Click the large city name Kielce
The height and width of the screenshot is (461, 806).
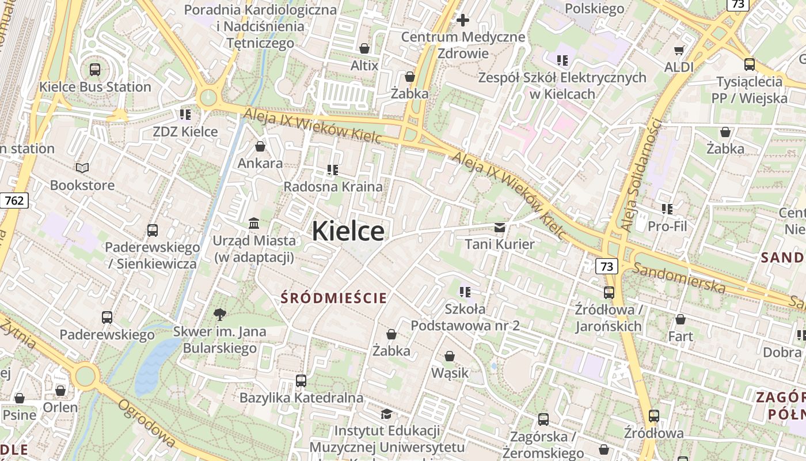tap(348, 232)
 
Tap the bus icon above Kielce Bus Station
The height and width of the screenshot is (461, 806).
tap(95, 70)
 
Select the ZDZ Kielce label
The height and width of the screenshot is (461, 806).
tap(185, 132)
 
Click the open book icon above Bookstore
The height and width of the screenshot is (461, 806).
tap(82, 168)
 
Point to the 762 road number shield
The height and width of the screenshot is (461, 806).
tap(14, 201)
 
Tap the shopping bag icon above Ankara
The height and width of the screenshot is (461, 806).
tap(260, 146)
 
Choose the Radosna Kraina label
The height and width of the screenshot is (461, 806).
tap(333, 187)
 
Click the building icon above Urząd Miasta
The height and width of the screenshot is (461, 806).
tap(253, 223)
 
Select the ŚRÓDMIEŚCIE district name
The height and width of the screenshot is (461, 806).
tap(333, 298)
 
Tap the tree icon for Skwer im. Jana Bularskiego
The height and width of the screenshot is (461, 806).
tap(219, 315)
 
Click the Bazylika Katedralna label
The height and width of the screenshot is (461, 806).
tap(301, 398)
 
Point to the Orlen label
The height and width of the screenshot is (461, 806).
tap(60, 407)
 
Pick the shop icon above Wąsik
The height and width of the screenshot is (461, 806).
tap(449, 357)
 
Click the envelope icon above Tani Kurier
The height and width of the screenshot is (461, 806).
tap(500, 228)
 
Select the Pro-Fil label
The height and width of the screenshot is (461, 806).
tap(667, 226)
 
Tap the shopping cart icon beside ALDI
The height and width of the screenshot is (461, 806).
tap(679, 50)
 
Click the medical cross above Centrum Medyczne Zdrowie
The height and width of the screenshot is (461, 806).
tap(463, 21)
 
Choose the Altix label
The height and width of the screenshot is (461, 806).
tap(364, 66)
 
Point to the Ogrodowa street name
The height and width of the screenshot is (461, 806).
tap(146, 423)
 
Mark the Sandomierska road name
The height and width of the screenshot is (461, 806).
tap(679, 277)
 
